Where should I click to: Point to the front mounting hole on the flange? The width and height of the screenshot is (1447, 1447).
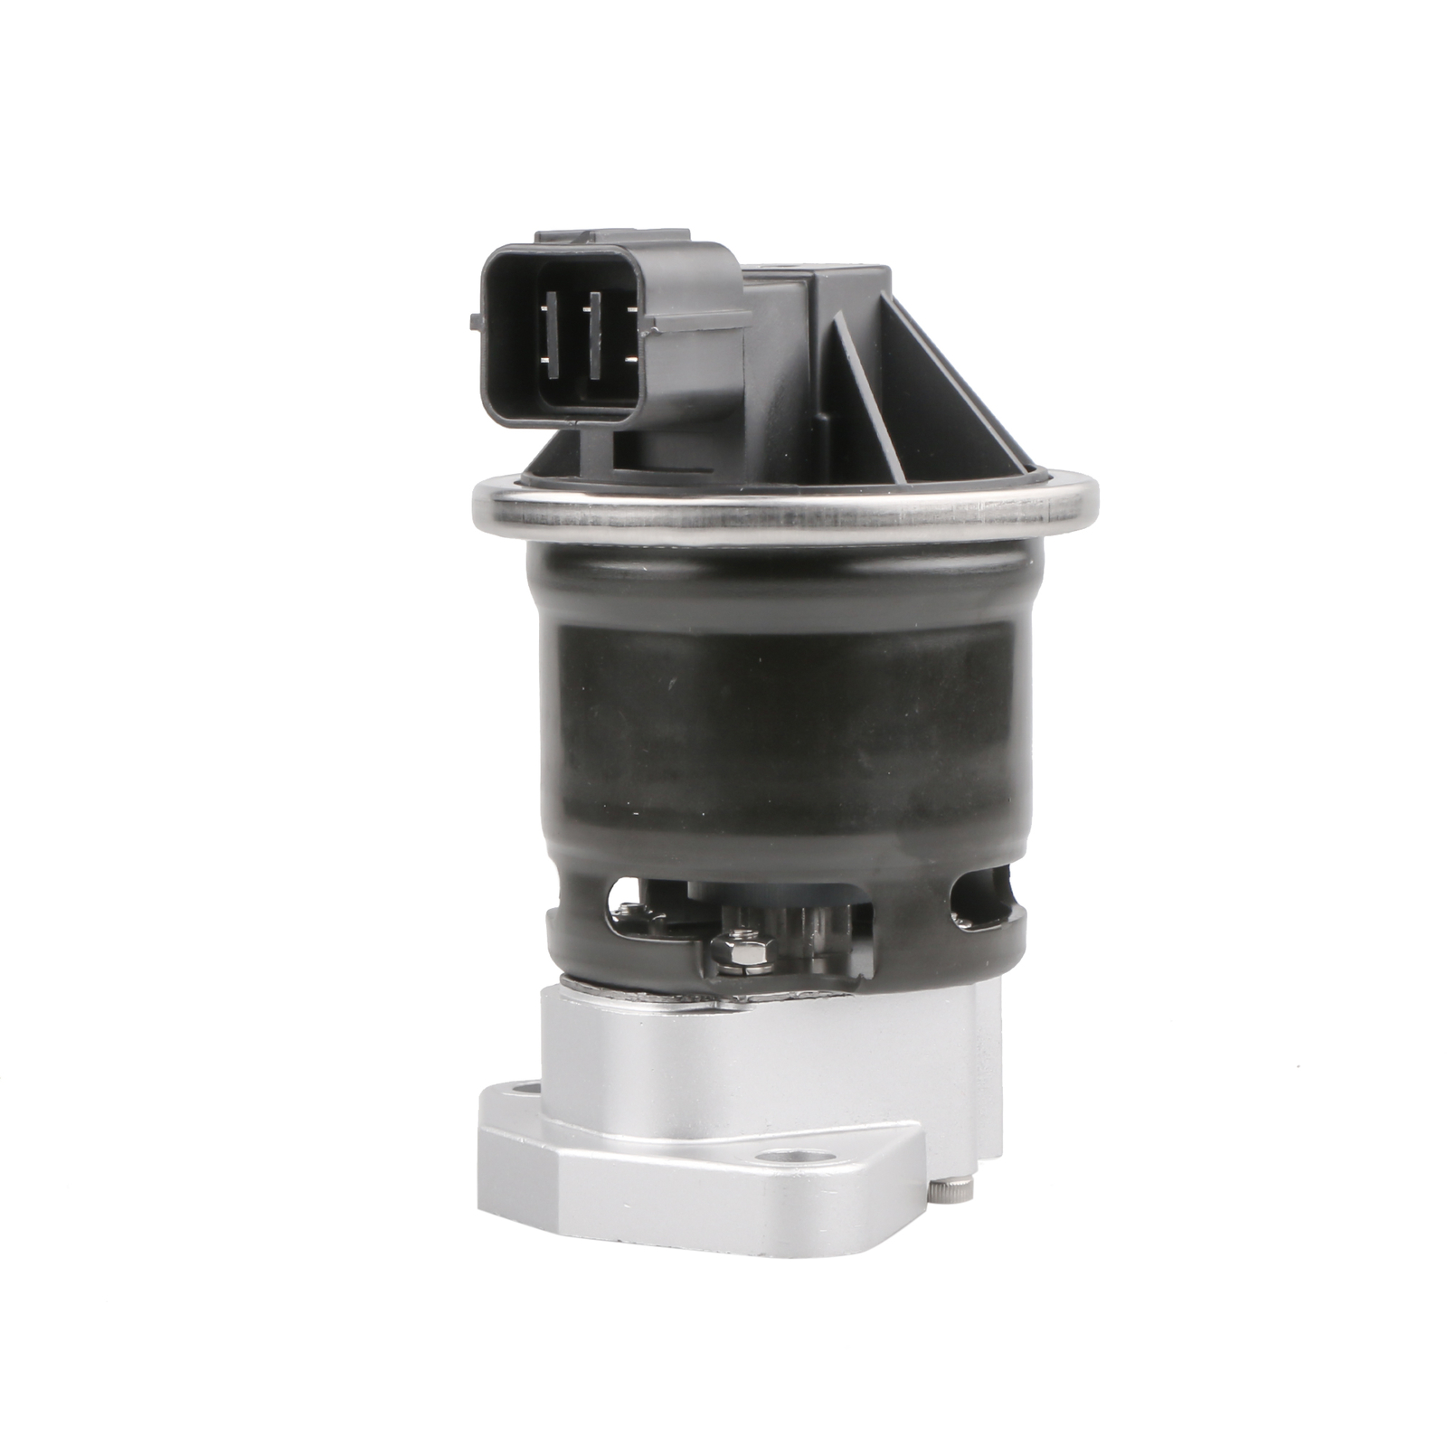(795, 1159)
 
